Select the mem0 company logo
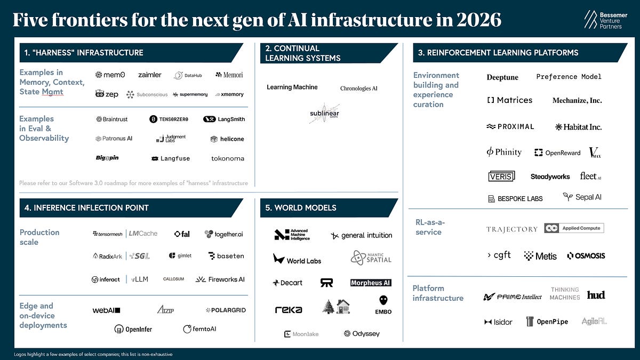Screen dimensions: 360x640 pos(110,75)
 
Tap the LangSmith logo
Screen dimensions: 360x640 pos(224,119)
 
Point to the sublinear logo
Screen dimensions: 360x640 pos(324,113)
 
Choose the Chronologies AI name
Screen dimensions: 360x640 pos(358,88)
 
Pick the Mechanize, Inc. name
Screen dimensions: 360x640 pos(577,100)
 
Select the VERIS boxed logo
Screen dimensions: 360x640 pos(501,177)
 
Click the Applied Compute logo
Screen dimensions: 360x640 pos(574,228)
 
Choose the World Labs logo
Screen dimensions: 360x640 pos(297,260)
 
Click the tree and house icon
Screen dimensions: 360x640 pos(336,307)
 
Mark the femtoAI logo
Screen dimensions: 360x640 pos(199,329)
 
